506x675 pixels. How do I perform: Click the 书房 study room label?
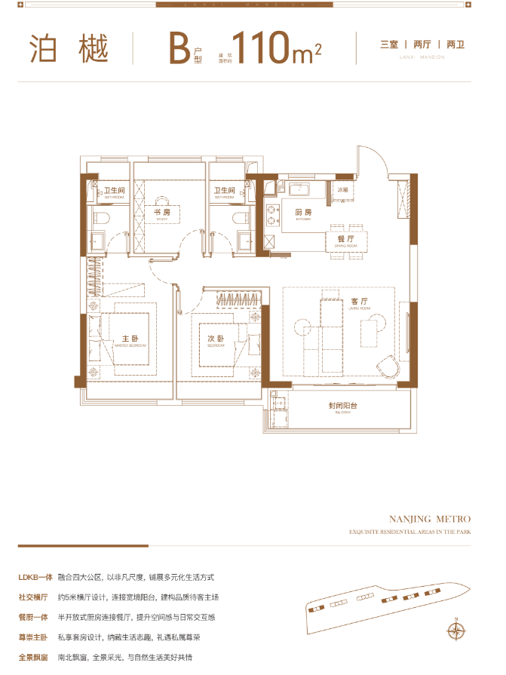coord(161,213)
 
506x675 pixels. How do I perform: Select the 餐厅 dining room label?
coord(335,238)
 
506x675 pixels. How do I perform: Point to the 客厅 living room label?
coord(358,301)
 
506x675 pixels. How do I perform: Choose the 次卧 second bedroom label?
coord(216,339)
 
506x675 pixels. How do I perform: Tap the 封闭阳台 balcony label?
coord(342,406)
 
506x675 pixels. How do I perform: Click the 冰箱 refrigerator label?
coord(343,190)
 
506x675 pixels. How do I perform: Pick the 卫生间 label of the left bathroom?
coord(114,190)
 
